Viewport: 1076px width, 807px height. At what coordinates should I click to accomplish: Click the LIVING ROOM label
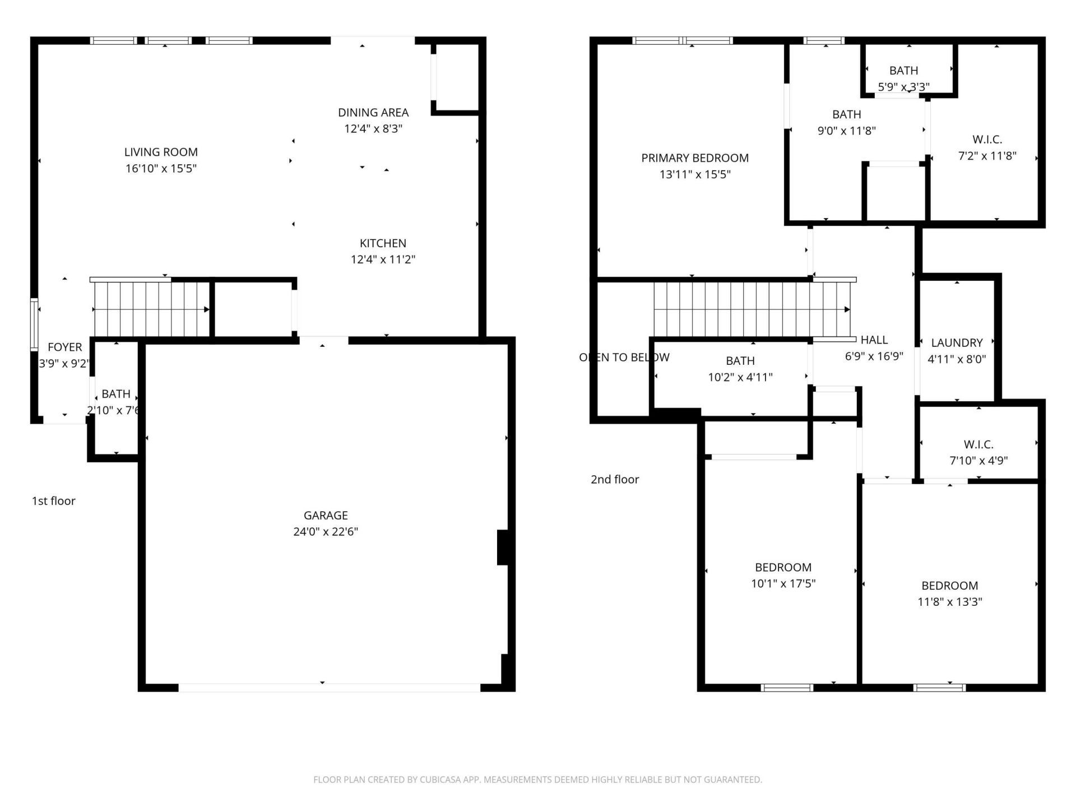point(161,152)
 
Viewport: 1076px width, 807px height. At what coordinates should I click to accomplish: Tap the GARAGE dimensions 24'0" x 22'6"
point(326,531)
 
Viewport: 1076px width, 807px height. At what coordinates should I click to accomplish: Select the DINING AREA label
point(373,113)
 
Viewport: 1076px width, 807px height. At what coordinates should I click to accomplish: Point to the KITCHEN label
point(383,243)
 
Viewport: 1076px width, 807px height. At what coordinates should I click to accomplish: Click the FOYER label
point(64,347)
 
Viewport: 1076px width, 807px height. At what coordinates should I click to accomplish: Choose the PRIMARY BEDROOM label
point(695,158)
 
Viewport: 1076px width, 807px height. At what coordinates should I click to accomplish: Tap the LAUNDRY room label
point(957,342)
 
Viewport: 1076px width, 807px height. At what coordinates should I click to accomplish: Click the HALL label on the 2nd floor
point(874,340)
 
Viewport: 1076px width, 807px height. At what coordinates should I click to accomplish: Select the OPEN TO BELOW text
point(624,357)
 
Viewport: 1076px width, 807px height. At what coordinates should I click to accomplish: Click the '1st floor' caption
point(53,501)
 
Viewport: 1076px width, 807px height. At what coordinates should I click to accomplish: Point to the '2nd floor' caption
point(615,479)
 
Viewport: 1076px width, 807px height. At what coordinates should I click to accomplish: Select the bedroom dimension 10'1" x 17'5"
point(783,583)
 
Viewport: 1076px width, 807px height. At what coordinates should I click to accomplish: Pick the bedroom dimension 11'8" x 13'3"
point(949,602)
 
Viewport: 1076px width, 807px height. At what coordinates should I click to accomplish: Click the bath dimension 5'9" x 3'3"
point(903,87)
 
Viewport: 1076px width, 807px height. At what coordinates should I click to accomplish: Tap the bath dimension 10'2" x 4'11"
point(740,377)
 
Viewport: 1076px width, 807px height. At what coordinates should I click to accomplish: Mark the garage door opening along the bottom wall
point(329,688)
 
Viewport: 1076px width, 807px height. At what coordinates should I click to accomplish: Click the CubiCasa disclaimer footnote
point(537,780)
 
